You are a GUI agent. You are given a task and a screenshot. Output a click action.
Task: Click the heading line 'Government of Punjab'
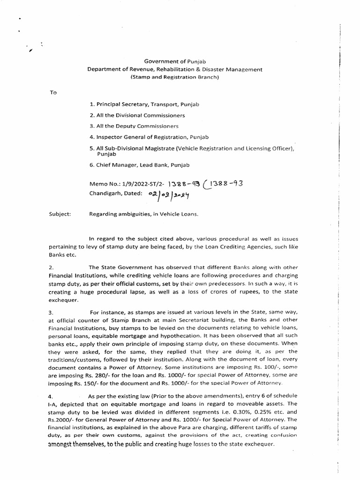point(175,61)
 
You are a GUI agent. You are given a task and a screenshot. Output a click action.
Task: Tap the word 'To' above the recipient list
point(53,92)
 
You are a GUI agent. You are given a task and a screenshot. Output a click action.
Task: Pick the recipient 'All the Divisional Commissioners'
point(137,115)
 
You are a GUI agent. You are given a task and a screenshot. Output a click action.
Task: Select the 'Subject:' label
point(60,214)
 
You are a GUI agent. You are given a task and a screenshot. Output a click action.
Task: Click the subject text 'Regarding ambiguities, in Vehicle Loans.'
point(144,214)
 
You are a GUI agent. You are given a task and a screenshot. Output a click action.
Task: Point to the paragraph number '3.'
point(52,312)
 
